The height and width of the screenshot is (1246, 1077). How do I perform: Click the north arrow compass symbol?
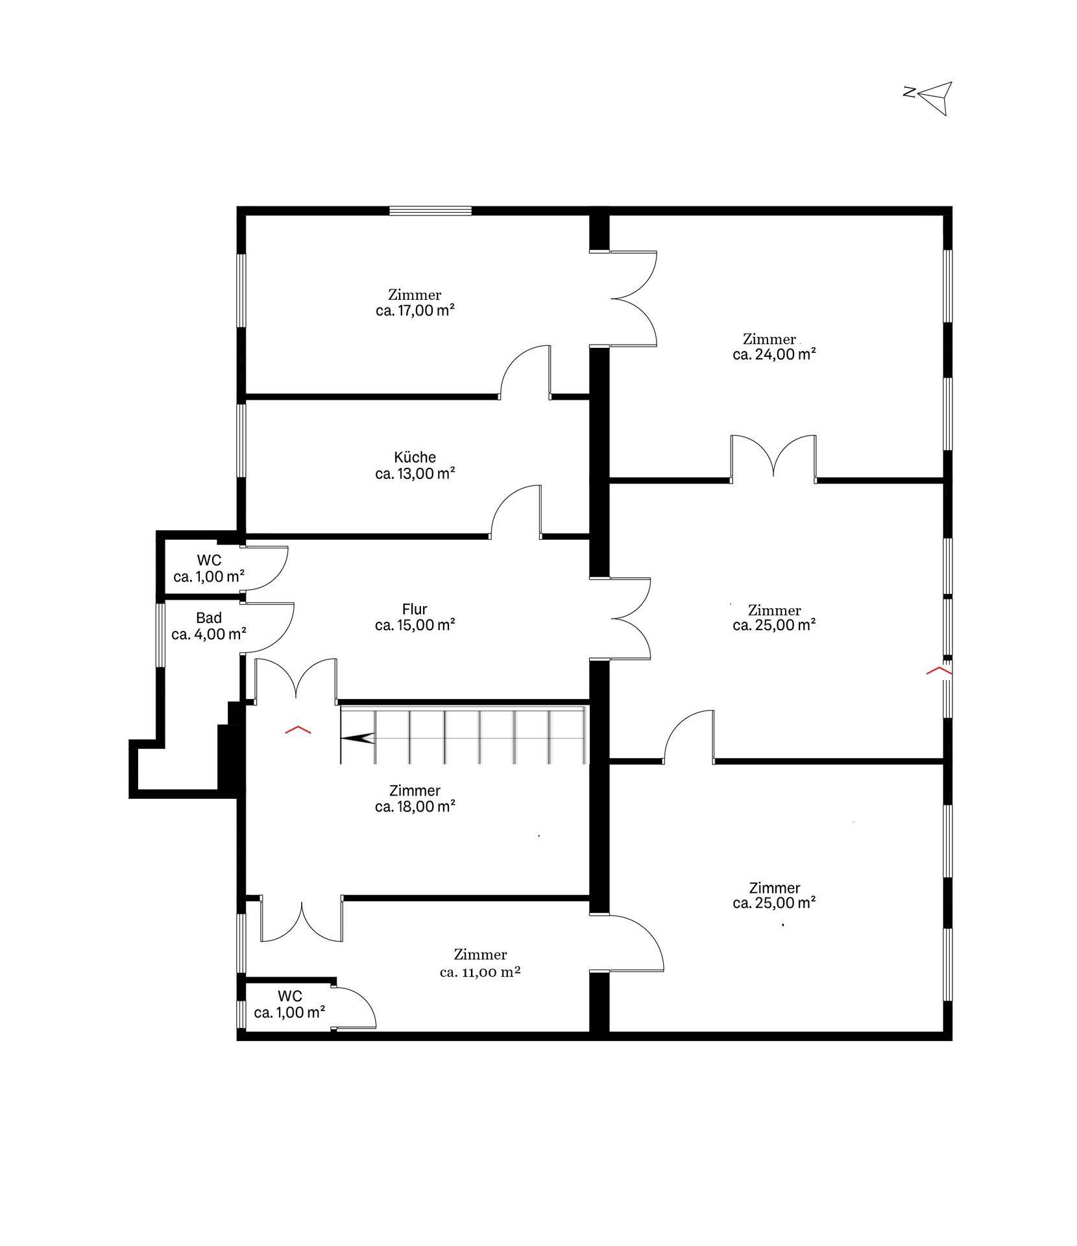932,97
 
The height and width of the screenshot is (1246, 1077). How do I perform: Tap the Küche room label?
415,457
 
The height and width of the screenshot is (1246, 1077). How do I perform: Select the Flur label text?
415,609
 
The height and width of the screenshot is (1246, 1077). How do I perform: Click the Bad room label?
209,618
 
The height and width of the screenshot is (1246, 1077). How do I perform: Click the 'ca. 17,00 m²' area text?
415,310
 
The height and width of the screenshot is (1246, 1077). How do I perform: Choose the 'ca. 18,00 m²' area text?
415,807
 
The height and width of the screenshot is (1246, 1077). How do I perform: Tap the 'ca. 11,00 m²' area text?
480,971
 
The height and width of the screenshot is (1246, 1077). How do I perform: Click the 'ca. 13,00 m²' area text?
415,473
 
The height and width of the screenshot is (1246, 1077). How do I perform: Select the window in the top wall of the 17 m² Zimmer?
430,210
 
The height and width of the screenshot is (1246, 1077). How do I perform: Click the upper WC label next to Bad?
209,560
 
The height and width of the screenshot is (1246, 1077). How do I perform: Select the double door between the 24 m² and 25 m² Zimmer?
773,458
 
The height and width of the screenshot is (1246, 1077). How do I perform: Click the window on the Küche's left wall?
241,440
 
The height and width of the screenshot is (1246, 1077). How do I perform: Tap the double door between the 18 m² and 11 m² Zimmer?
302,918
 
